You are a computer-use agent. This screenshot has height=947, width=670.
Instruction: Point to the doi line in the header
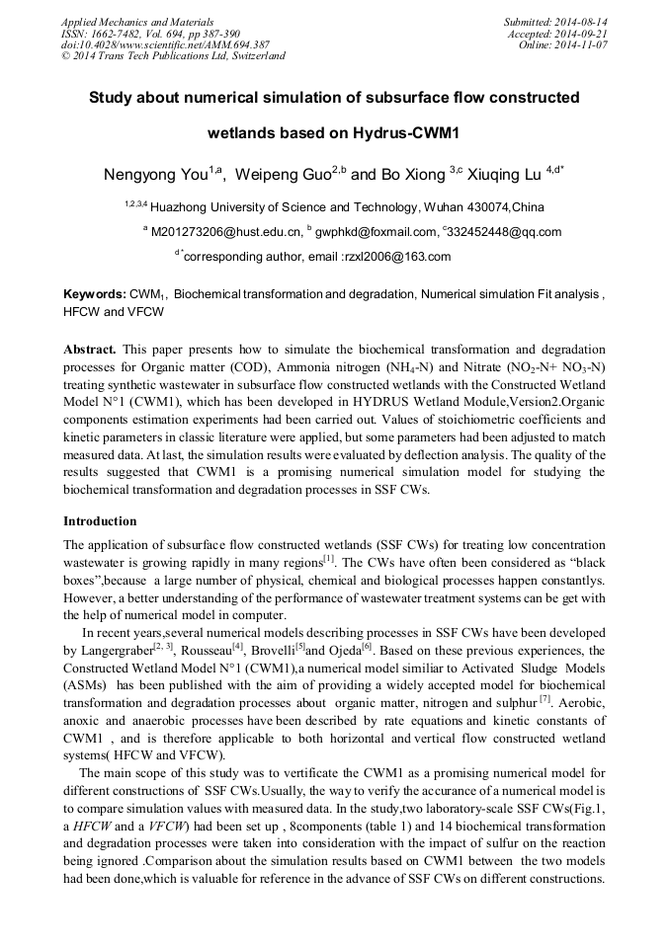tap(151, 44)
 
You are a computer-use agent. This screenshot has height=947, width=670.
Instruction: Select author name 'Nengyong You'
tap(156, 175)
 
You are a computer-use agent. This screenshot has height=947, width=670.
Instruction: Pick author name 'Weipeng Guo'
tap(287, 175)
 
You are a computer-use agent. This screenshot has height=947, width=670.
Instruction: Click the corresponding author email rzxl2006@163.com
tap(406, 257)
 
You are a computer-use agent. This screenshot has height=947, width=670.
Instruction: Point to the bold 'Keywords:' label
tap(94, 294)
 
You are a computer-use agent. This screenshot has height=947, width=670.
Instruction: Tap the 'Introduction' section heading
tap(100, 520)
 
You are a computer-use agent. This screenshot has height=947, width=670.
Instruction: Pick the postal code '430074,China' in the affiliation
tap(500, 206)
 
